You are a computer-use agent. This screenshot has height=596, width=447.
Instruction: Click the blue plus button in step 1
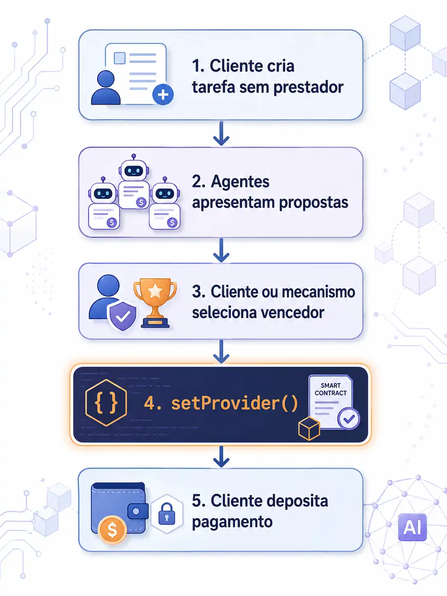tap(163, 95)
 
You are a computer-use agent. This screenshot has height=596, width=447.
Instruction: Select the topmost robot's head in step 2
tap(134, 170)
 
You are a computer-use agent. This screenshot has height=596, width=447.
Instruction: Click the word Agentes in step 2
tap(240, 182)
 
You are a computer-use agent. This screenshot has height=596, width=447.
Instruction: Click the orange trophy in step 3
tap(155, 303)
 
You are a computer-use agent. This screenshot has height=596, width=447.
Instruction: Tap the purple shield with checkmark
tap(122, 316)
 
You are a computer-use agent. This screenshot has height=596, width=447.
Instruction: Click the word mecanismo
tap(318, 292)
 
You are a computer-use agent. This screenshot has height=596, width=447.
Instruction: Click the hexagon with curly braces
tap(106, 403)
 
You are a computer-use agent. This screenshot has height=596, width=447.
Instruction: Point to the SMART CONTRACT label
tap(331, 389)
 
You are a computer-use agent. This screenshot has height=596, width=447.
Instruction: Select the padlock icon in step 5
tap(167, 514)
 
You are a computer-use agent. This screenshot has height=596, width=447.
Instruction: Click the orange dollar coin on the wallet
tap(112, 530)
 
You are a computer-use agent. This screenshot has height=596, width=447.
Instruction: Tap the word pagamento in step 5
tap(232, 522)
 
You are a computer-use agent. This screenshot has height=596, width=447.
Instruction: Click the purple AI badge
tap(412, 527)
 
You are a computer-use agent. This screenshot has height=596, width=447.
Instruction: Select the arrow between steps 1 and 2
tap(221, 133)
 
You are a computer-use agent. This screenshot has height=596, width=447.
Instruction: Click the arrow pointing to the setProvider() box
tap(221, 352)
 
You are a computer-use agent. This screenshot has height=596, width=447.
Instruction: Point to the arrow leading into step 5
tap(221, 457)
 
